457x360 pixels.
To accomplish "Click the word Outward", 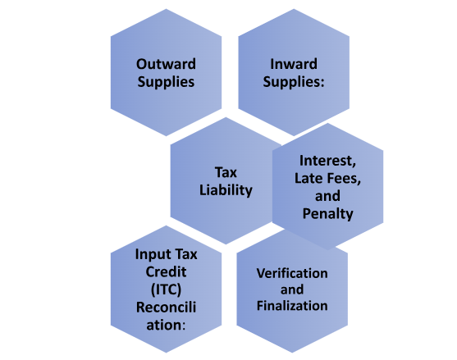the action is [x=166, y=64].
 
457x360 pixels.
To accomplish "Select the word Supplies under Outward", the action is [x=166, y=82].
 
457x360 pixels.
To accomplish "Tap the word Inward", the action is [x=294, y=64].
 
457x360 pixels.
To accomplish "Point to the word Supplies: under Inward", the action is [x=294, y=82].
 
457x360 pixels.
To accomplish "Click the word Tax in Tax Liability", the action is [x=226, y=172].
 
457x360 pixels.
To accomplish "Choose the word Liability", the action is [x=226, y=190].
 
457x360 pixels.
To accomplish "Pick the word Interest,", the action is [x=327, y=161].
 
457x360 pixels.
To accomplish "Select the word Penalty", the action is [x=327, y=214].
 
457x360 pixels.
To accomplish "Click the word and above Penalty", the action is [x=327, y=196].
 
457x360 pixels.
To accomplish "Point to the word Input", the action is [x=153, y=254].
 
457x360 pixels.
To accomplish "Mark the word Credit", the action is [x=166, y=272].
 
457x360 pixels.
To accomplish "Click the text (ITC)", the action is [x=166, y=289].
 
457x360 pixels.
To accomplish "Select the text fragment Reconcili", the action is [x=166, y=308].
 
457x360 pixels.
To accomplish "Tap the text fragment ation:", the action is [x=166, y=325].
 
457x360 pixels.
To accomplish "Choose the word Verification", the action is [x=292, y=273].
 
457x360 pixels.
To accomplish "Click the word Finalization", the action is [x=292, y=306].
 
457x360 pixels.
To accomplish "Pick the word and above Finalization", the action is [x=292, y=289].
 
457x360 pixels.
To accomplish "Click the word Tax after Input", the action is [x=185, y=254].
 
